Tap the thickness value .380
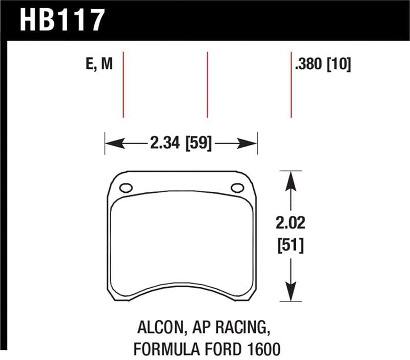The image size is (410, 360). [309, 65]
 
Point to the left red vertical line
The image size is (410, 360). [124, 85]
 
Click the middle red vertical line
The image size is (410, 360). [207, 85]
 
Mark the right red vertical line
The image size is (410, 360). [291, 85]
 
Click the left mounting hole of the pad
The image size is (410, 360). [126, 188]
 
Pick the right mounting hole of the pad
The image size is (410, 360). [237, 188]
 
